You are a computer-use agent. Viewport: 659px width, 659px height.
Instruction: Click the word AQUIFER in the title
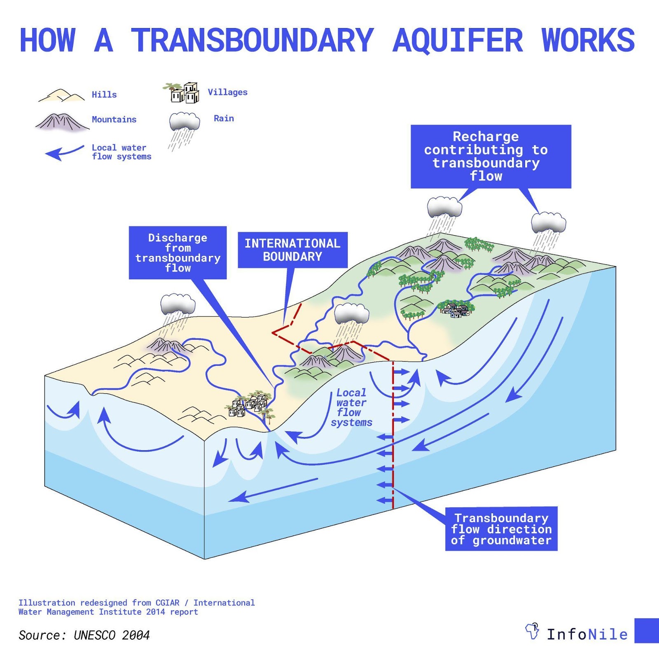458,40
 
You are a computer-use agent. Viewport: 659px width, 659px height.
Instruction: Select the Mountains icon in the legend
62,122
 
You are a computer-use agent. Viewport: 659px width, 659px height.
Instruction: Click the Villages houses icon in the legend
181,93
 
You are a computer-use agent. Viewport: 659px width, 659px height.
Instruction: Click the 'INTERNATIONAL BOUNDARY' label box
292,250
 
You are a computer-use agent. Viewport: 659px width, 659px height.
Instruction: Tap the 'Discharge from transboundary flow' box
178,252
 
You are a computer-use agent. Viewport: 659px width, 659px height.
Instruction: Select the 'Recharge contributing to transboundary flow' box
491,157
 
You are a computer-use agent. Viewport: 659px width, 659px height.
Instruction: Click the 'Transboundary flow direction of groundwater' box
501,529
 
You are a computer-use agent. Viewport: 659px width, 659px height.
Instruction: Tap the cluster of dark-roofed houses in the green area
456,309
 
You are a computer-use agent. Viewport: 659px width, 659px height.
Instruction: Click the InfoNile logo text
587,634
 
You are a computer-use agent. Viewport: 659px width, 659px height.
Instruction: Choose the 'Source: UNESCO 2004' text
84,635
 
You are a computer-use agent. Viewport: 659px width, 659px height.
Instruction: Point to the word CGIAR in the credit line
167,603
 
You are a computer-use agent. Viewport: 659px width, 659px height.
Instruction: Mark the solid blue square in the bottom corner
647,630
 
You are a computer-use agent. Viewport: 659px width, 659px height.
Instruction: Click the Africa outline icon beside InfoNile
532,631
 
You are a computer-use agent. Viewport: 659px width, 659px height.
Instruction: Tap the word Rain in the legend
224,118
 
